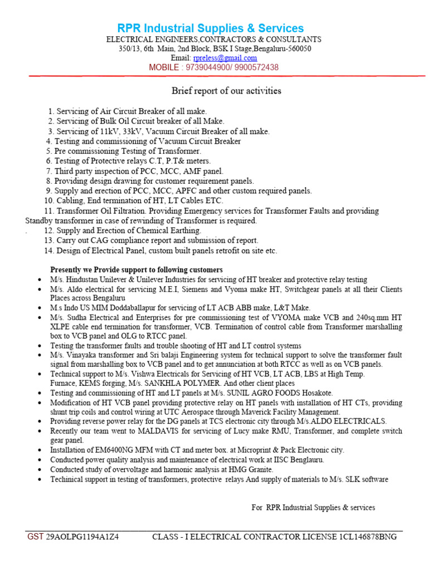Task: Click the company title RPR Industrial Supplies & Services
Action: point(210,28)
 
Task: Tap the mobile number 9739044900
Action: point(213,67)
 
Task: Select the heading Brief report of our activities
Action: point(226,90)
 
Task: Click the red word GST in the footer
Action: point(35,537)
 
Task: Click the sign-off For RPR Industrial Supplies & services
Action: point(313,507)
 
